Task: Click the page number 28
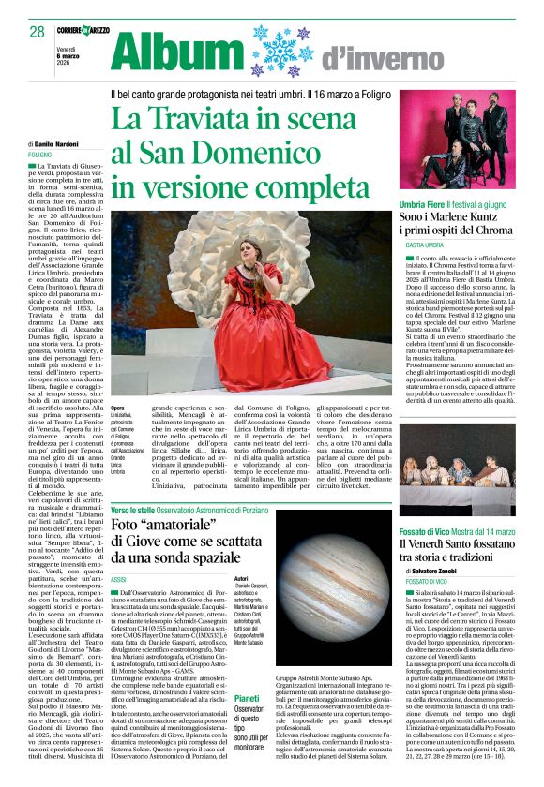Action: point(37,31)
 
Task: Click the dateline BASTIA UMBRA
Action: point(425,245)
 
